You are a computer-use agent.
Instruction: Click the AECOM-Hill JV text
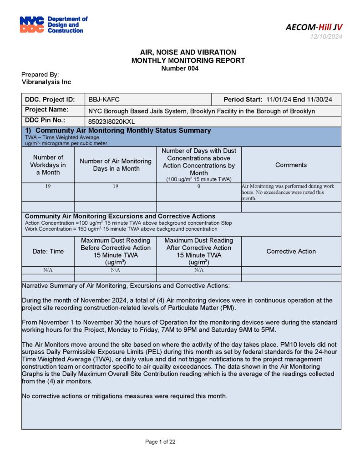(x=314, y=27)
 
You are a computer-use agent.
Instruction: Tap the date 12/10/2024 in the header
(x=326, y=37)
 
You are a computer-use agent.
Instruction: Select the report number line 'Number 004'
(x=180, y=68)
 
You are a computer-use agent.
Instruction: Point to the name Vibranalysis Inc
(x=46, y=82)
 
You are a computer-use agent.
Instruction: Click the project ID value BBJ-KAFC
(x=104, y=100)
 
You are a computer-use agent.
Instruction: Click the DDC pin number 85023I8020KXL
(x=112, y=122)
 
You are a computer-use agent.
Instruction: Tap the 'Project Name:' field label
(x=46, y=110)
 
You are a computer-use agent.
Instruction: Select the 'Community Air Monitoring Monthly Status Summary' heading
(x=118, y=131)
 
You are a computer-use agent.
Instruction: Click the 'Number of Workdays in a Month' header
(x=48, y=165)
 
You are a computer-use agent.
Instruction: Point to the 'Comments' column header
(x=291, y=165)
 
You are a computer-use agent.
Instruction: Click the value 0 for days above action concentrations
(x=198, y=187)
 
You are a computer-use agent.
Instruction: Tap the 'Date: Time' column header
(x=48, y=251)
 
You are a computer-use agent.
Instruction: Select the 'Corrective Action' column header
(x=291, y=251)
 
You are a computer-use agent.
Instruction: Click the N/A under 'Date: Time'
(x=48, y=270)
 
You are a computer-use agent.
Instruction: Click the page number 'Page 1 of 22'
(x=160, y=442)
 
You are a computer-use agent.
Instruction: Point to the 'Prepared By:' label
(x=40, y=75)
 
